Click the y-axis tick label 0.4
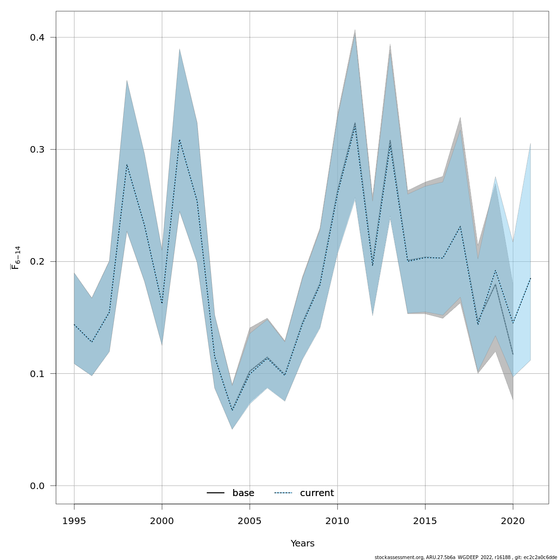point(37,38)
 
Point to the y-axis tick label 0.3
point(37,150)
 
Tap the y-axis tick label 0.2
point(37,262)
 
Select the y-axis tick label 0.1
point(37,374)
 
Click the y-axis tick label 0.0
point(37,486)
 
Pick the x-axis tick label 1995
point(74,521)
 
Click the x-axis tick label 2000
point(162,521)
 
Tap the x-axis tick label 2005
point(250,521)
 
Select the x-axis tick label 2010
point(337,521)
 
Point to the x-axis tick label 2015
point(425,521)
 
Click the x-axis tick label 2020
point(513,521)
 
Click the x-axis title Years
point(302,544)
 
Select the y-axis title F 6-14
point(16,258)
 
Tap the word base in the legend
point(243,493)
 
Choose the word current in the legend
point(317,493)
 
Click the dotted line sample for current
point(283,493)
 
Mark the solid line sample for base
point(216,493)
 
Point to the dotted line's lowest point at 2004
point(232,411)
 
